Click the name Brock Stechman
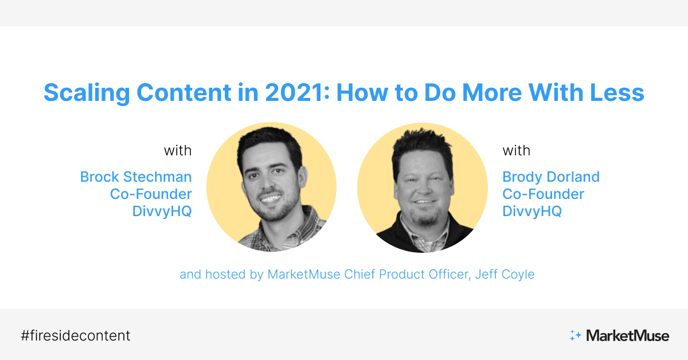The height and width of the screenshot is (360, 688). coord(136,177)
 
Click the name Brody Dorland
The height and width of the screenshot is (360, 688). coord(551,177)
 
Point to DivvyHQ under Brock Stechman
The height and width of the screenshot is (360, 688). coord(162,211)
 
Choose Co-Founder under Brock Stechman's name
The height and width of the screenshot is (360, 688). coord(151,194)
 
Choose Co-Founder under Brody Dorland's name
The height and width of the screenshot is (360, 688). coord(543,194)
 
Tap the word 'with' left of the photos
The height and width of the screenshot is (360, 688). coord(178,151)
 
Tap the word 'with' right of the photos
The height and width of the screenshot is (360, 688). coord(517,151)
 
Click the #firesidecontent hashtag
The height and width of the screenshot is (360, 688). coord(75,335)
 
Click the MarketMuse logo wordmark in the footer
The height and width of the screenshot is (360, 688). coord(627,335)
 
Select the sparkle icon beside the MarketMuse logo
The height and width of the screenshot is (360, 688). coord(575,335)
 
